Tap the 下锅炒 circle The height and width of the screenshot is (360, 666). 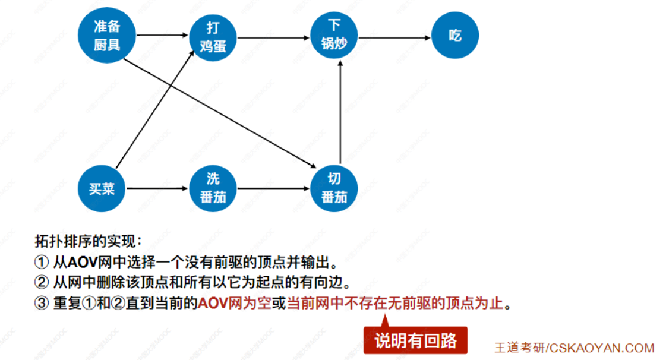(x=336, y=36)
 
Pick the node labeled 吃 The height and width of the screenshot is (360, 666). (x=455, y=36)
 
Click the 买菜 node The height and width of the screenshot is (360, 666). (x=102, y=189)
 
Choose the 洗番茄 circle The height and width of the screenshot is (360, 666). (x=213, y=188)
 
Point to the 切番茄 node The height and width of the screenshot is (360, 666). (x=334, y=188)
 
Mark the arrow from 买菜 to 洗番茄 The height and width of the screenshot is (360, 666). (x=157, y=189)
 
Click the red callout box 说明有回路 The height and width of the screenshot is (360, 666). (x=415, y=341)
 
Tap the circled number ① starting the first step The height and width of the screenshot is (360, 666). (x=41, y=261)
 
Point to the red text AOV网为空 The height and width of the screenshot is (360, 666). (x=234, y=304)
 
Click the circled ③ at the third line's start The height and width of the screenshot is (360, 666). (x=41, y=304)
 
